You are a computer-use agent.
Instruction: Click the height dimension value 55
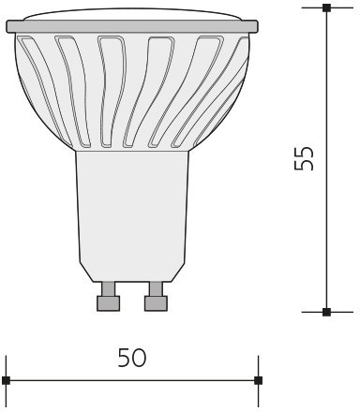[304, 158]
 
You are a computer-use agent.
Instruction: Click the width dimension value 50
[132, 358]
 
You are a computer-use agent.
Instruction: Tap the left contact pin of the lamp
[109, 296]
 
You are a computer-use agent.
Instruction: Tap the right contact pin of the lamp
[156, 296]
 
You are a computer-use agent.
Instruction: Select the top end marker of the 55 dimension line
[326, 7]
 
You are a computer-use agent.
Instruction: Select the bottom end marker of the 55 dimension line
[326, 312]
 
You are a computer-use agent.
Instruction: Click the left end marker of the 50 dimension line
[6, 380]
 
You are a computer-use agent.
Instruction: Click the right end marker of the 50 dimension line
[258, 380]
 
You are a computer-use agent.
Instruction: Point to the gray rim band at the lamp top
[132, 26]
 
